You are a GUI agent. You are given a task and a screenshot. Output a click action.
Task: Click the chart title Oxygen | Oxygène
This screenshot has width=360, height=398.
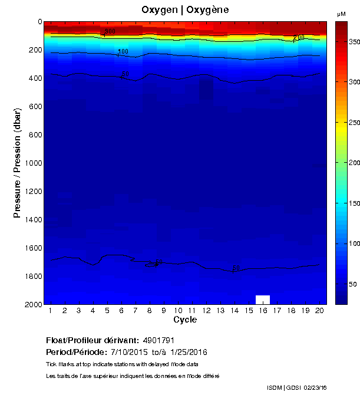pos(185,10)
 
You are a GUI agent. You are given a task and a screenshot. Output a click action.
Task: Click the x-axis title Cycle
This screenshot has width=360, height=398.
pos(185,320)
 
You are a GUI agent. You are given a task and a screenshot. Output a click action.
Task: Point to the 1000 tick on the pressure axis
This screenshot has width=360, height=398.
pos(29,163)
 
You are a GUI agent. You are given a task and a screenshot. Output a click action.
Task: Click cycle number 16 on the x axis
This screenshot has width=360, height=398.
pos(262,310)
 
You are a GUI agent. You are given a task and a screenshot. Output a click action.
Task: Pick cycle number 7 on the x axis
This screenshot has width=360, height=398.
pos(135,310)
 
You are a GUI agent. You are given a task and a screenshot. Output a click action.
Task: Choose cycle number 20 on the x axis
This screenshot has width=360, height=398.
pos(319,310)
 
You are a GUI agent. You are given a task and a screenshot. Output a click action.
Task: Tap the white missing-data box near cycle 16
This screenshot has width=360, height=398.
pos(262,299)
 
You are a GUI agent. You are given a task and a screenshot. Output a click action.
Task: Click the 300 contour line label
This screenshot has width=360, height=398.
pos(110,32)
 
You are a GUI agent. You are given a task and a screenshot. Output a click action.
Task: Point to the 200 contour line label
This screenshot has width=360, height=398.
pos(298,38)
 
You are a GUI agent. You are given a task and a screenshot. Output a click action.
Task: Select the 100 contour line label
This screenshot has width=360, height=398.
pos(123,52)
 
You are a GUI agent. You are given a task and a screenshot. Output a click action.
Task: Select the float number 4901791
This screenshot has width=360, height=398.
pos(158,340)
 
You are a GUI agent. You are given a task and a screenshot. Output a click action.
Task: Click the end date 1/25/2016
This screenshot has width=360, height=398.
pos(189,352)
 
